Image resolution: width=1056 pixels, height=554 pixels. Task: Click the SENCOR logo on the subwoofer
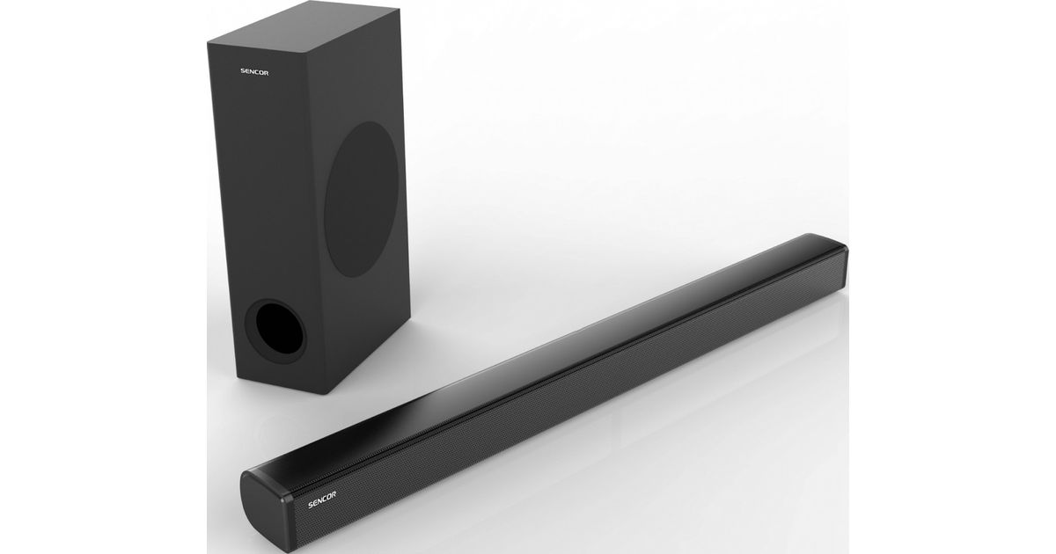254,72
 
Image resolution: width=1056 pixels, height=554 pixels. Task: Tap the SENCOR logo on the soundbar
322,499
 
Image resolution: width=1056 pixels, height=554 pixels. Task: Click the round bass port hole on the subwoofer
279,328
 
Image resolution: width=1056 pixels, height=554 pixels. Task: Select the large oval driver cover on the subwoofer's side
362,200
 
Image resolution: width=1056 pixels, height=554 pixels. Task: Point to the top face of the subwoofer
303,26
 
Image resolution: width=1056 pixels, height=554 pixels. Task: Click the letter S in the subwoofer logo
243,71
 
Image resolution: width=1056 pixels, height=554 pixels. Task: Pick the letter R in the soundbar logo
334,494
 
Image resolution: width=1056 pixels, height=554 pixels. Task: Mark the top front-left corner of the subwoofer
208,43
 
